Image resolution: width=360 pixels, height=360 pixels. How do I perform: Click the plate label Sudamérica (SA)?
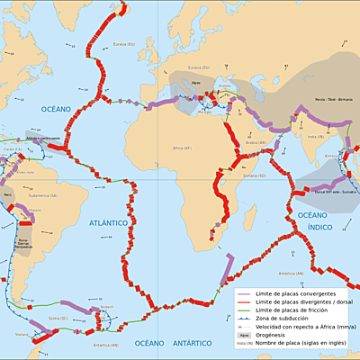(41, 194)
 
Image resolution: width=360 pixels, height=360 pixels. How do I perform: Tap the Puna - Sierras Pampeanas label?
(26, 241)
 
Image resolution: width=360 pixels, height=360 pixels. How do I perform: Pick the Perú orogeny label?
(8, 193)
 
